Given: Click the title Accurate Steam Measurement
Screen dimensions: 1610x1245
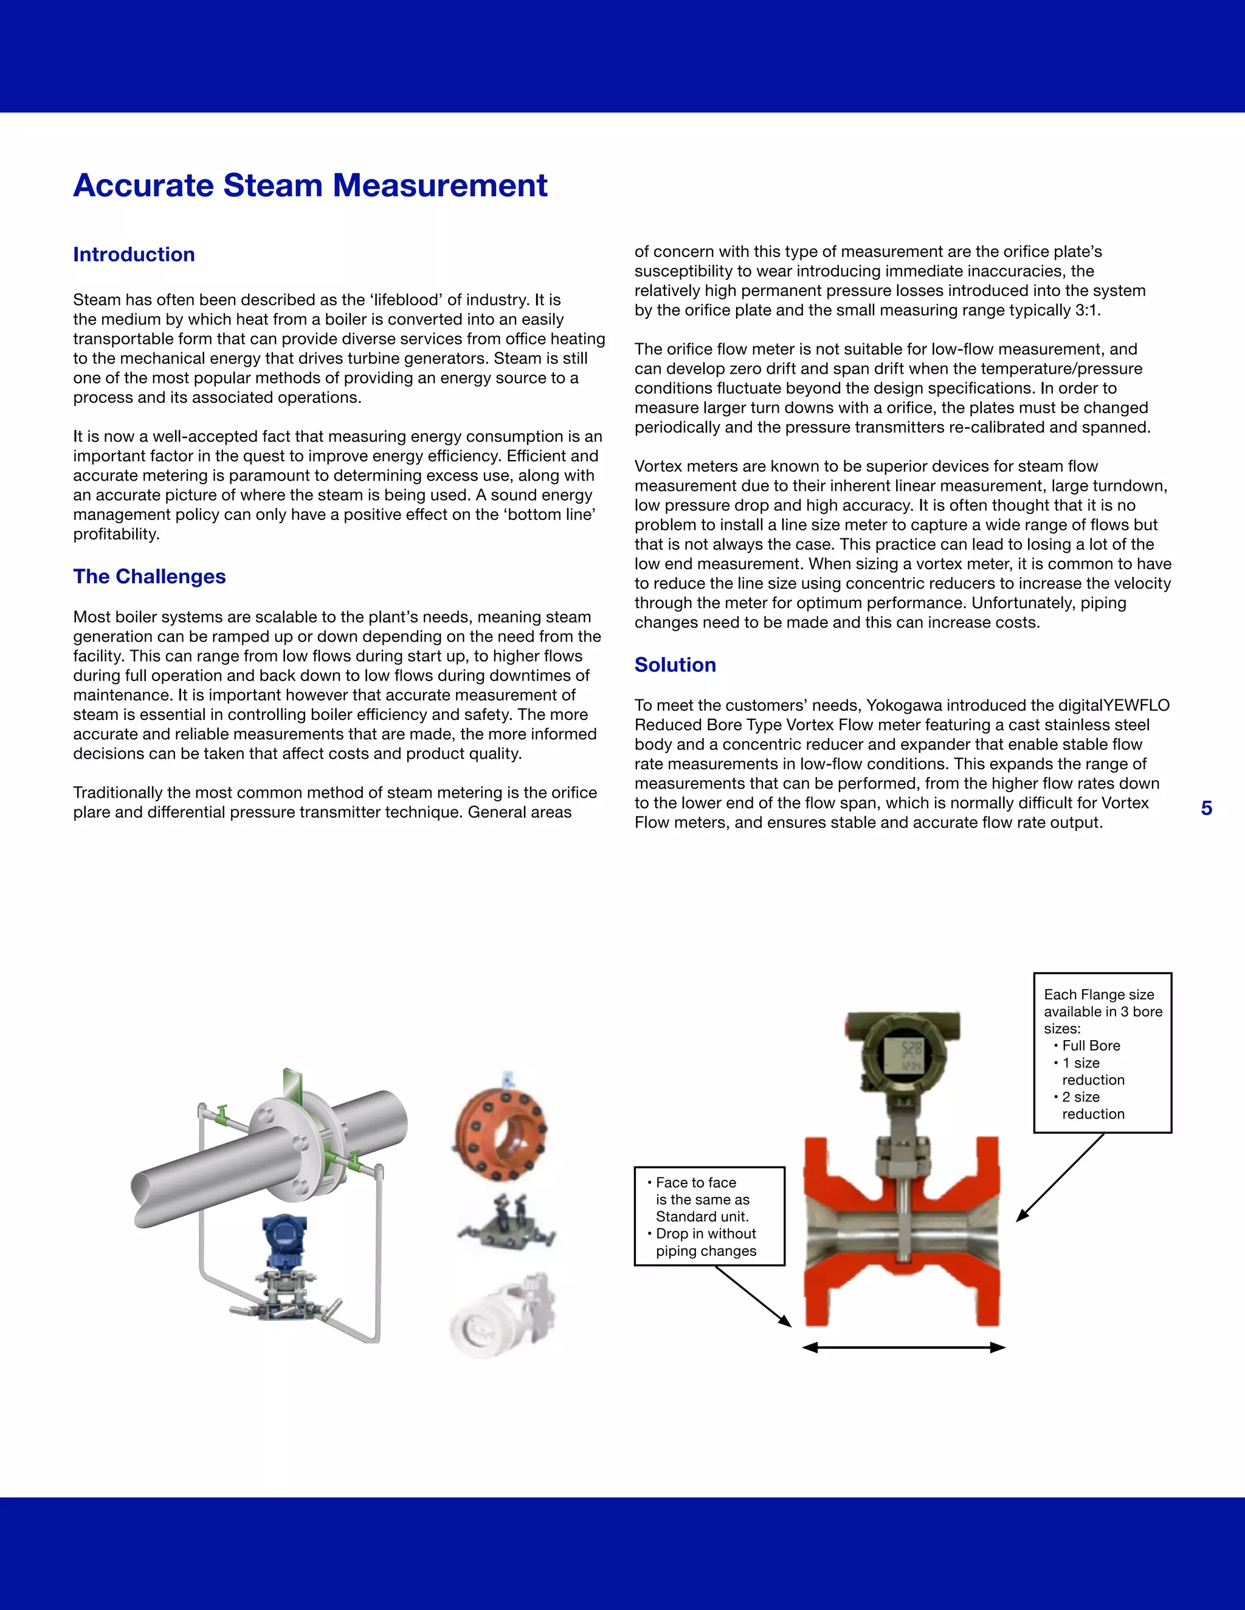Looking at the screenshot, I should [x=310, y=185].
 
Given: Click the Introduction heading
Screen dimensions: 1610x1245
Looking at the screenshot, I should [x=134, y=255].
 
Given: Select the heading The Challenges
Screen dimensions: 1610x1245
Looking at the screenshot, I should [x=149, y=577].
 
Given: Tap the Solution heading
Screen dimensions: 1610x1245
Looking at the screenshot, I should [x=675, y=665].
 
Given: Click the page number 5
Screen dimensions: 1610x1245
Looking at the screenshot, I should [x=1206, y=808].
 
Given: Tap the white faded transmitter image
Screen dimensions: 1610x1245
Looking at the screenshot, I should [x=502, y=1317].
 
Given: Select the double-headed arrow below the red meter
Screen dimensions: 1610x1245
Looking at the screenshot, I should [x=903, y=1348].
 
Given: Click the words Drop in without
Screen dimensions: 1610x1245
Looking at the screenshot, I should [x=705, y=1233].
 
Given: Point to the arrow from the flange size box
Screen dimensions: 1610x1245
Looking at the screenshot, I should [x=1059, y=1178].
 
